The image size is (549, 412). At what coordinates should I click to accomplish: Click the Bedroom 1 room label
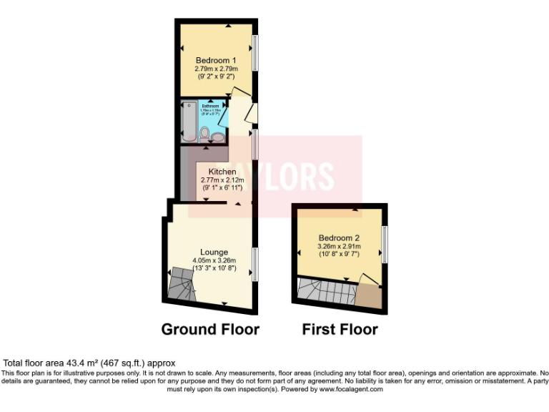[x=215, y=59]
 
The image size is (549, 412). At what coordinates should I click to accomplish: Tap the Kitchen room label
[x=222, y=172]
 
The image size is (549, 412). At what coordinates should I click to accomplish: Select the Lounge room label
[x=214, y=252]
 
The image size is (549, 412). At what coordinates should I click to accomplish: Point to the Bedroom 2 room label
[x=339, y=237]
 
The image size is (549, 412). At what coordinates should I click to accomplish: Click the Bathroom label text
[x=210, y=107]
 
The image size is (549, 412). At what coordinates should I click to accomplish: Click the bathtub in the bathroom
[x=189, y=119]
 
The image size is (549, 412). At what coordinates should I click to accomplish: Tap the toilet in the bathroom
[x=204, y=133]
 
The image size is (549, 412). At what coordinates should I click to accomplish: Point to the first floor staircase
[x=327, y=291]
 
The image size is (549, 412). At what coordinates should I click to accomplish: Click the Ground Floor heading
[x=210, y=330]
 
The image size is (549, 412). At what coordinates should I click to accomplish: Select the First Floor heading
[x=340, y=330]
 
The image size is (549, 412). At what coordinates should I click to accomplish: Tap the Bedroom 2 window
[x=385, y=244]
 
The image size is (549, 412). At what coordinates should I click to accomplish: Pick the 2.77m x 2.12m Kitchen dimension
[x=222, y=180]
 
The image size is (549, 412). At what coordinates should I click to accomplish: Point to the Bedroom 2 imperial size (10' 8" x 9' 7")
[x=339, y=254]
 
